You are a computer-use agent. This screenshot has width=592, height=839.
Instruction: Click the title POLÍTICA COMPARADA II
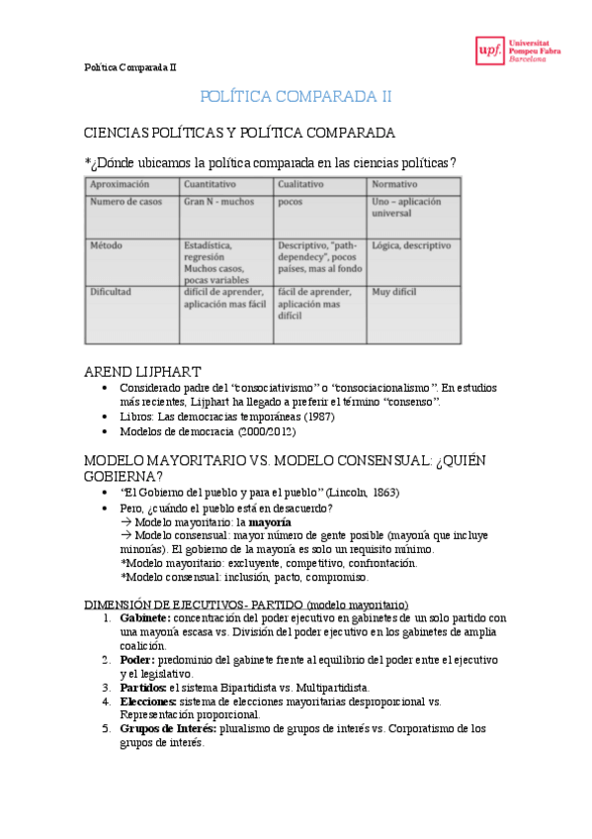click(x=296, y=96)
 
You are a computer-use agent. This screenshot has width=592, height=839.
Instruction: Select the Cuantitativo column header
click(x=210, y=184)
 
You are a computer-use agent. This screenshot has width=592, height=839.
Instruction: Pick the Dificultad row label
click(x=113, y=293)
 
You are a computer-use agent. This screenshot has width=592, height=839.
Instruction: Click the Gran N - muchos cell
click(x=217, y=202)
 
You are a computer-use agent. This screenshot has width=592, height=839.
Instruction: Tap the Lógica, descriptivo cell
click(x=411, y=245)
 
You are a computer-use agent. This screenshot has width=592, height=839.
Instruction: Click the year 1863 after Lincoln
click(x=386, y=493)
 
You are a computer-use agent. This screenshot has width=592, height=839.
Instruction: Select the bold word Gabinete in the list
click(x=144, y=617)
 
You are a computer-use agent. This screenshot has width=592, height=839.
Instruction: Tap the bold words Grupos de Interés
click(x=166, y=729)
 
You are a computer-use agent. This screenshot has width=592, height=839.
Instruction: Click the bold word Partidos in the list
click(x=144, y=687)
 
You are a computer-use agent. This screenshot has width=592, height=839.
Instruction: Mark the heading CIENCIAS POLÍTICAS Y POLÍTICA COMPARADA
click(x=239, y=132)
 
